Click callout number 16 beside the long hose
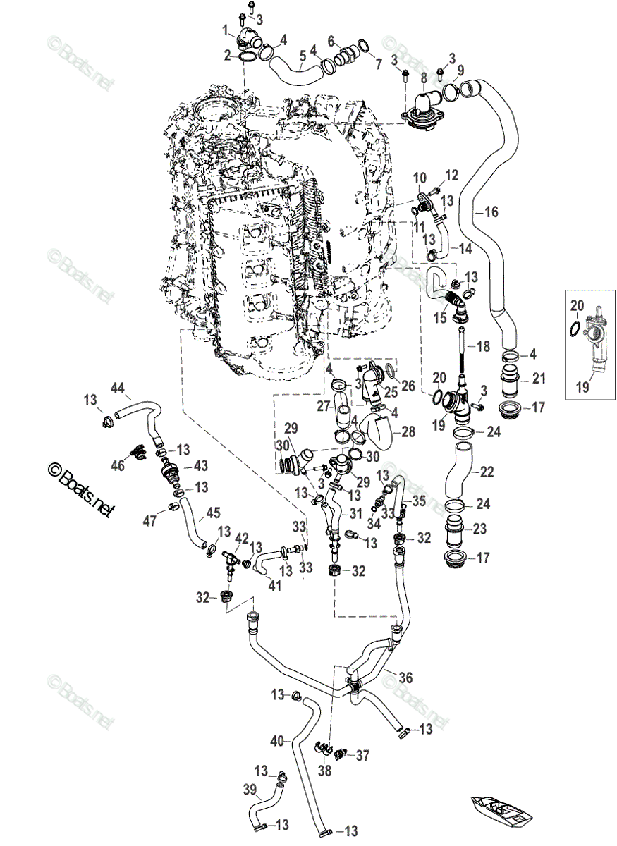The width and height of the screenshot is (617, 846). click(x=491, y=210)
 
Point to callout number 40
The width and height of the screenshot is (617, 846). click(x=277, y=741)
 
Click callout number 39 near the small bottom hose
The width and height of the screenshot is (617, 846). click(x=250, y=790)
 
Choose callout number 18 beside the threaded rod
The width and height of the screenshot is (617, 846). click(x=482, y=346)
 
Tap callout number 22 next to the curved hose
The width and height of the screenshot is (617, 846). click(x=488, y=470)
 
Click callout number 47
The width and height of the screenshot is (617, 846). click(x=149, y=522)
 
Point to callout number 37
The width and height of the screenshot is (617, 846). click(x=362, y=756)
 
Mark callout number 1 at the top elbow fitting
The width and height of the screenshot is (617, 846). click(x=226, y=30)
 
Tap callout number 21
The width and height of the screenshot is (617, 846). click(x=539, y=379)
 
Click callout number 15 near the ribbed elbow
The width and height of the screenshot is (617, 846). click(x=441, y=318)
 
